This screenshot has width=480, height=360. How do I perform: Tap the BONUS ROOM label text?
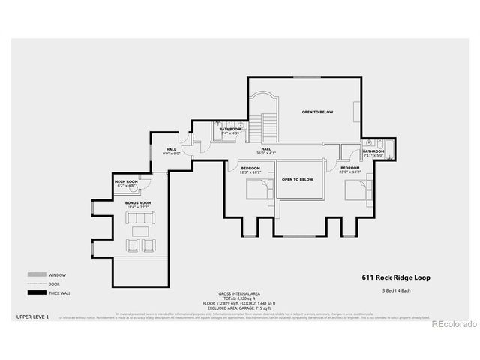(x=138, y=203)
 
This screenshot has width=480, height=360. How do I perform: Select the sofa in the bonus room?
(x=138, y=218)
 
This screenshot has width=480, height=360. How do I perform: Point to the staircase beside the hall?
(x=267, y=124)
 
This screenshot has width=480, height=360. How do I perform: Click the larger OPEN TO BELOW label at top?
(x=317, y=112)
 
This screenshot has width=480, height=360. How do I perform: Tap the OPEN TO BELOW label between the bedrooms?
(x=297, y=180)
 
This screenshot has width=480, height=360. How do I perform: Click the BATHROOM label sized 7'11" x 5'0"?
(x=373, y=151)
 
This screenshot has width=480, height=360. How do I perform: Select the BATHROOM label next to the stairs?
(x=230, y=129)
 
